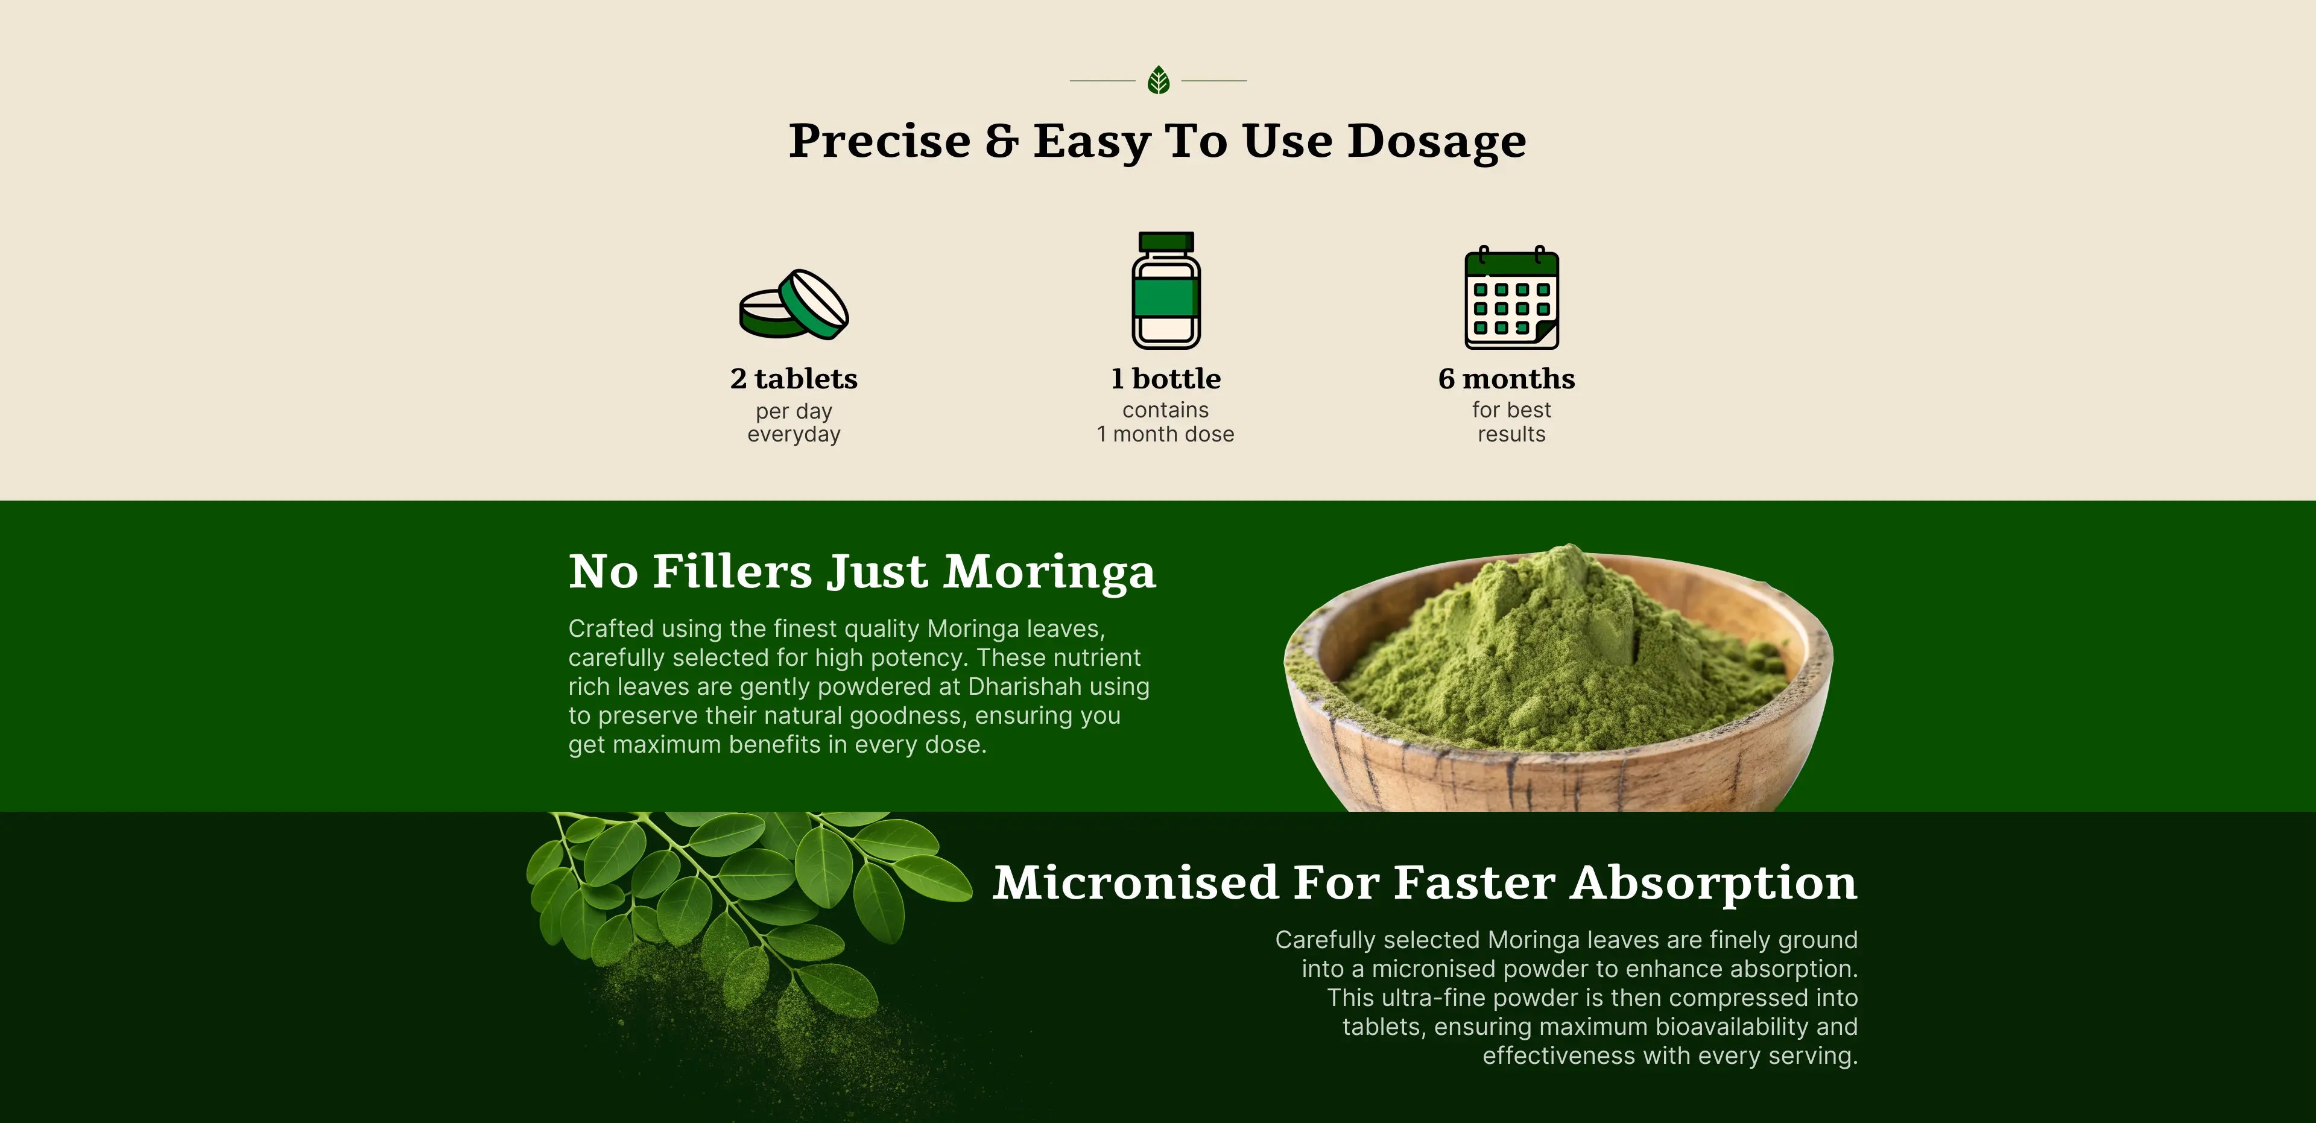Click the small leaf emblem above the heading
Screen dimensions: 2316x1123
(x=1158, y=81)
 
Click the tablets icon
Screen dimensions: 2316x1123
(x=794, y=305)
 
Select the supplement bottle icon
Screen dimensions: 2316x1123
(x=1166, y=291)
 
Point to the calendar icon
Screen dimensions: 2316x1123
(x=1511, y=297)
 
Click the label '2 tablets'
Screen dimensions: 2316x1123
(x=794, y=379)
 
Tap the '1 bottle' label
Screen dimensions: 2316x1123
(x=1166, y=379)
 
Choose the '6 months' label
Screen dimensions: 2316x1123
(x=1507, y=379)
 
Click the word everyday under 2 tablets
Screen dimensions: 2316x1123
(x=794, y=435)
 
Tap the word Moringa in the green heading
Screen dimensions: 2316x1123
(x=1049, y=573)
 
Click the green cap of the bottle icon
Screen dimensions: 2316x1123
(x=1166, y=242)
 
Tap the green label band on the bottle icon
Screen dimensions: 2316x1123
(x=1166, y=297)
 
